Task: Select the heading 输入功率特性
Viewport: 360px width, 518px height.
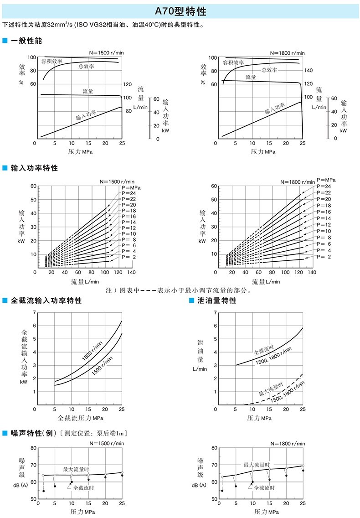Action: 34,168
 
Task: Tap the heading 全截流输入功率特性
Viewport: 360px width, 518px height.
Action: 46,300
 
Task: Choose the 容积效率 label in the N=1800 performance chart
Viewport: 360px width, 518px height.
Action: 233,62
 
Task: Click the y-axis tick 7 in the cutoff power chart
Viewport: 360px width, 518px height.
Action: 34,313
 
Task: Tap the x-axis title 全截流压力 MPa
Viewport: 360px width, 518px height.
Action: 80,418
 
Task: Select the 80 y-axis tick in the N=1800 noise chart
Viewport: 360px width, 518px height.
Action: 214,448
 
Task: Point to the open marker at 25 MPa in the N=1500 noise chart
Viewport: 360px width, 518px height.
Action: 122,472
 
